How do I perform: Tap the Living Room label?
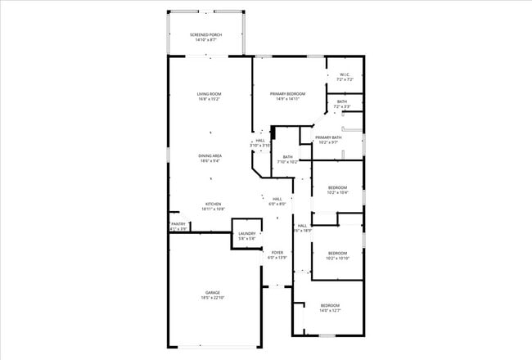click(x=209, y=94)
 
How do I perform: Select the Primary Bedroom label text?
click(x=287, y=94)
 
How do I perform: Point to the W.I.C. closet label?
click(x=345, y=74)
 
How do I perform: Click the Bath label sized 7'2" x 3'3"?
click(x=341, y=101)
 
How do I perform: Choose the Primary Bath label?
click(x=328, y=137)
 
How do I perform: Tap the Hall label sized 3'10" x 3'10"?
click(x=260, y=140)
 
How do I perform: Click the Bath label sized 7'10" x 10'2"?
click(x=287, y=157)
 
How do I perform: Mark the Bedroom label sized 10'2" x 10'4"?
click(x=337, y=187)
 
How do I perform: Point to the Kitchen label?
click(x=213, y=204)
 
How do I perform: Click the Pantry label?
click(x=178, y=224)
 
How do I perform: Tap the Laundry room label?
click(x=247, y=234)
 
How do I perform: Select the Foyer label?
click(x=277, y=252)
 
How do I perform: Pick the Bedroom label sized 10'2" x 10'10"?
click(x=337, y=254)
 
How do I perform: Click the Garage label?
click(x=213, y=292)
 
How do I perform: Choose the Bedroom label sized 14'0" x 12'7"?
click(x=330, y=304)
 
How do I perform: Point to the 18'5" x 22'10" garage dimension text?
click(x=213, y=298)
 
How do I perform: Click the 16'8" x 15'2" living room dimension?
click(x=209, y=100)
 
